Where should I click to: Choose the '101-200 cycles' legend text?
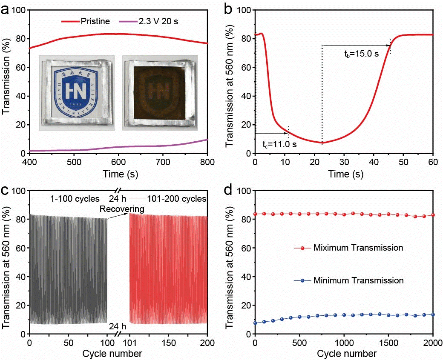tap(176, 199)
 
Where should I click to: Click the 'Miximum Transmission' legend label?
tap(357, 248)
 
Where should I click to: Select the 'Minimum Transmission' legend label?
tap(358, 280)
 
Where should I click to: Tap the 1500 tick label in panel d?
tap(388, 343)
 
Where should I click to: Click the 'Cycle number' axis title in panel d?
tap(344, 354)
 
